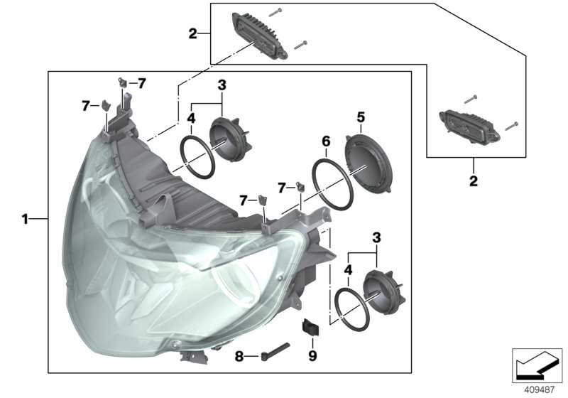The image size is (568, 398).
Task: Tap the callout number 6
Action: pyautogui.click(x=326, y=141)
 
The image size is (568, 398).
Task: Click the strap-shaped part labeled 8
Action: pyautogui.click(x=276, y=348)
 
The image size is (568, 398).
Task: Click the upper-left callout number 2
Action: pyautogui.click(x=192, y=33)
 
